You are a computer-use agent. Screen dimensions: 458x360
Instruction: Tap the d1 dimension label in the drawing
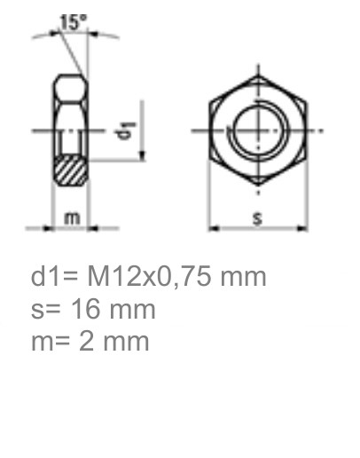128,130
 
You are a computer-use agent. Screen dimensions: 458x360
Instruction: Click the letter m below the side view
71,217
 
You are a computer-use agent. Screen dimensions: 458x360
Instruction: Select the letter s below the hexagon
257,217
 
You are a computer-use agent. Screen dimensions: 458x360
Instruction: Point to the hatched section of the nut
71,169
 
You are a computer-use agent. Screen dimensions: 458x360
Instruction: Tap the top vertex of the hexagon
258,75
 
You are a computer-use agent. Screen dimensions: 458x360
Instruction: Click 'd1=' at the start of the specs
53,277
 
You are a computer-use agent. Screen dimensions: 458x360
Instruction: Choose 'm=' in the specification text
51,340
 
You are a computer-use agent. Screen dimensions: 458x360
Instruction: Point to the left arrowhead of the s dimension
213,228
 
